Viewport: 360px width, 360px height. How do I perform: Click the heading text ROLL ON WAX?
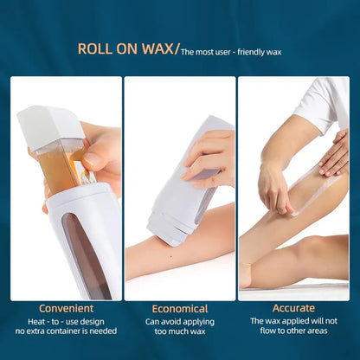tap(125, 49)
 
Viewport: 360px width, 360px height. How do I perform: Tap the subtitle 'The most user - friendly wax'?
tap(231, 52)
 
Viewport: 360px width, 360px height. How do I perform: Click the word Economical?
tap(179, 309)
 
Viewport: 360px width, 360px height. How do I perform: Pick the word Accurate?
tap(293, 309)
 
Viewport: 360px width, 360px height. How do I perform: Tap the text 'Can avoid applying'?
tap(179, 322)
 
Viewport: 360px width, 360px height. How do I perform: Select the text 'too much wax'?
tap(179, 332)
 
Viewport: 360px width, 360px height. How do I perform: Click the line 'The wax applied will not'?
tap(293, 322)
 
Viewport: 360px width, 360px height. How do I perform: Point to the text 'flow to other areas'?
tap(293, 332)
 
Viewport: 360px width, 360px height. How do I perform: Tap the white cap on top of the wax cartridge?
tap(50, 125)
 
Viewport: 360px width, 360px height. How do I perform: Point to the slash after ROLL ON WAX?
tap(177, 49)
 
